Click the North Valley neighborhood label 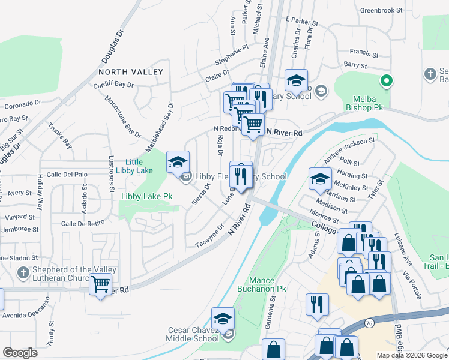coord(131,72)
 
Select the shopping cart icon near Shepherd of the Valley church coord(101,284)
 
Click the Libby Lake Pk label coord(147,196)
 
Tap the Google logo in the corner coord(20,353)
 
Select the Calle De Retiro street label coord(83,223)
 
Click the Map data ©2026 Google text coord(411,355)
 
